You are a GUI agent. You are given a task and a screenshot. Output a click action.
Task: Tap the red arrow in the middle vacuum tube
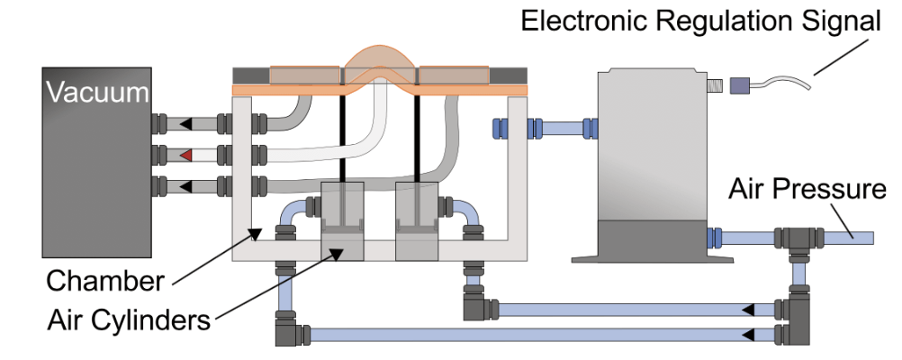pyautogui.click(x=185, y=156)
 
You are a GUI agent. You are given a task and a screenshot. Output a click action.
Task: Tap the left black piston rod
pyautogui.click(x=343, y=135)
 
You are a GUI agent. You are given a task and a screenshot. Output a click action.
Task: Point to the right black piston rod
pyautogui.click(x=418, y=135)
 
